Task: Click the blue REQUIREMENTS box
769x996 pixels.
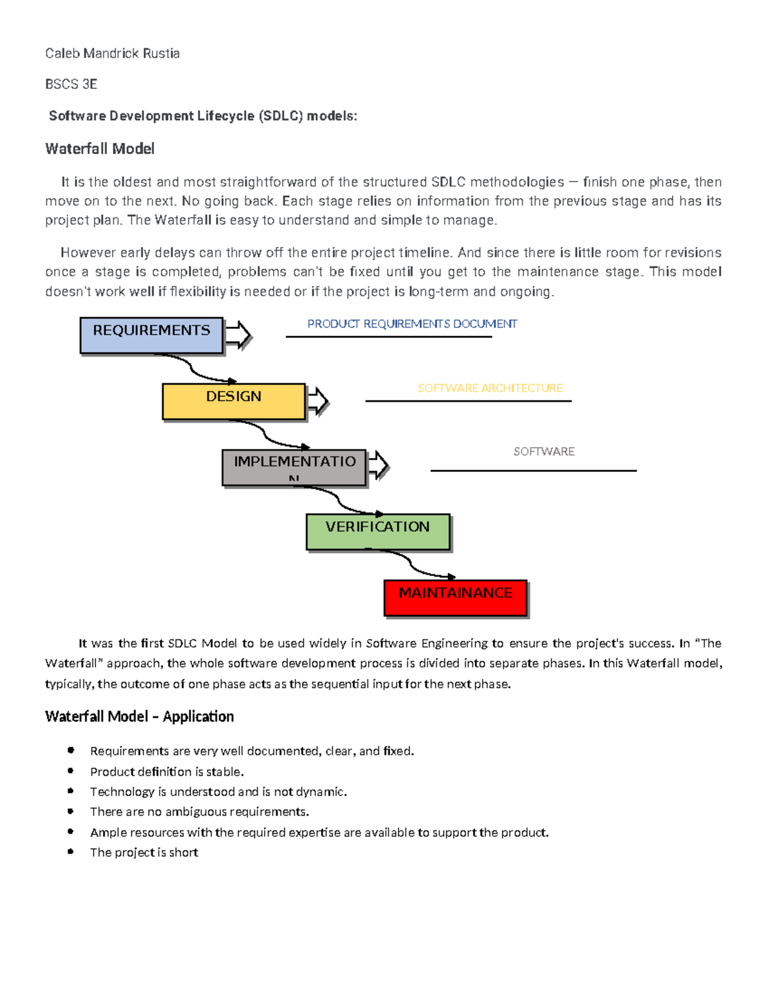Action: click(x=151, y=335)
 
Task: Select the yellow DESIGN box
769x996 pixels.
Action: click(x=233, y=401)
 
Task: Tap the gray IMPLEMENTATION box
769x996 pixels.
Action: click(x=294, y=467)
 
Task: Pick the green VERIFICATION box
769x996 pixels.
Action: click(x=377, y=531)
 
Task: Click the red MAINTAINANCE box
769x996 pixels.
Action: click(x=455, y=597)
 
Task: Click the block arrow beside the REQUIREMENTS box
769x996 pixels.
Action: click(x=238, y=335)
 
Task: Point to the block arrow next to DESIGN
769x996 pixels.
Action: click(x=317, y=401)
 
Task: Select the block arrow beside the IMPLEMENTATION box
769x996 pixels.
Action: click(x=378, y=465)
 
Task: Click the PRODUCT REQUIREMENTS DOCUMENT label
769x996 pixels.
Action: click(x=412, y=324)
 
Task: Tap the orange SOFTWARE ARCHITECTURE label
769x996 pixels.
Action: click(x=490, y=388)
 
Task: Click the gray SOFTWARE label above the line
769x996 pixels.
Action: click(x=543, y=452)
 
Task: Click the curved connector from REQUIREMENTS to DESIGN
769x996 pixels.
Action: click(x=192, y=369)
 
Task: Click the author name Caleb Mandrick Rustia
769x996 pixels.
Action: click(x=112, y=53)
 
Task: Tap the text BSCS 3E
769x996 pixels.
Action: click(x=71, y=84)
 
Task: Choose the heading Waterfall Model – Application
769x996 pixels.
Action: click(x=139, y=716)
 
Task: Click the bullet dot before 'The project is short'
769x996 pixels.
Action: click(x=70, y=851)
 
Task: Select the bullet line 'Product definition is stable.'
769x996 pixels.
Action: click(x=167, y=772)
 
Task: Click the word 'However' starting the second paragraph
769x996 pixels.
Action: click(x=88, y=253)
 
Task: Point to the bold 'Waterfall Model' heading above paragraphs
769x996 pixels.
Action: click(x=100, y=149)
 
